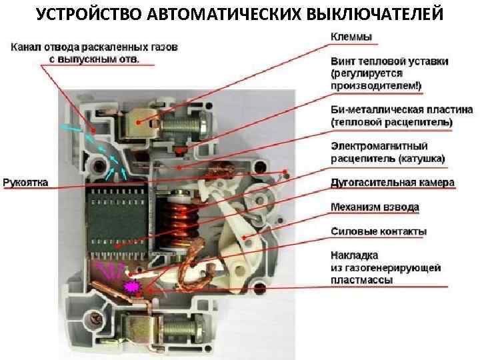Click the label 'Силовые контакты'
[x=379, y=231]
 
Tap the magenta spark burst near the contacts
[x=131, y=285]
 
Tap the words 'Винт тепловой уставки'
[x=389, y=61]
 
